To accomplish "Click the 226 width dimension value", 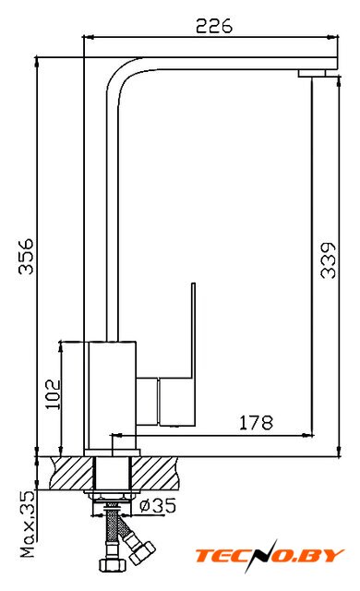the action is pyautogui.click(x=214, y=26).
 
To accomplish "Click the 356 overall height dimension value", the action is pyautogui.click(x=27, y=256).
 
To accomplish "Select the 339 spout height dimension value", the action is pyautogui.click(x=328, y=260).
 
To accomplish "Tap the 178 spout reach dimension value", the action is pyautogui.click(x=256, y=423).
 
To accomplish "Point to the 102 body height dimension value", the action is pyautogui.click(x=53, y=394).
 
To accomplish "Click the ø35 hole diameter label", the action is pyautogui.click(x=158, y=505).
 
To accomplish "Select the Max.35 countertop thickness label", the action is pyautogui.click(x=28, y=525).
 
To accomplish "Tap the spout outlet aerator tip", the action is pyautogui.click(x=312, y=73).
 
